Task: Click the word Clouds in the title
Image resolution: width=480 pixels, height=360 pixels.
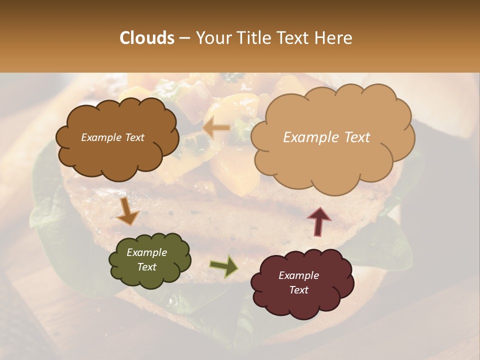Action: point(147,38)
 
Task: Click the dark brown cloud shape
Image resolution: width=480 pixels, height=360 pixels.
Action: point(117,138)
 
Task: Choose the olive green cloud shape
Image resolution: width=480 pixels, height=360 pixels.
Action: point(149,260)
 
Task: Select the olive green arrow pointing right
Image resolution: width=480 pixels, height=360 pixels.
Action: point(224,266)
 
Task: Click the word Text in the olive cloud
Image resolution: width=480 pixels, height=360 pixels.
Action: point(146,267)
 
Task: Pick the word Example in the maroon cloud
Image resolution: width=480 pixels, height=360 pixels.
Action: point(298,275)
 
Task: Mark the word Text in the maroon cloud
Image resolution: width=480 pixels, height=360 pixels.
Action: point(298,290)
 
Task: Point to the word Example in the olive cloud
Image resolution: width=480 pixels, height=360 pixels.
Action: point(146,252)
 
